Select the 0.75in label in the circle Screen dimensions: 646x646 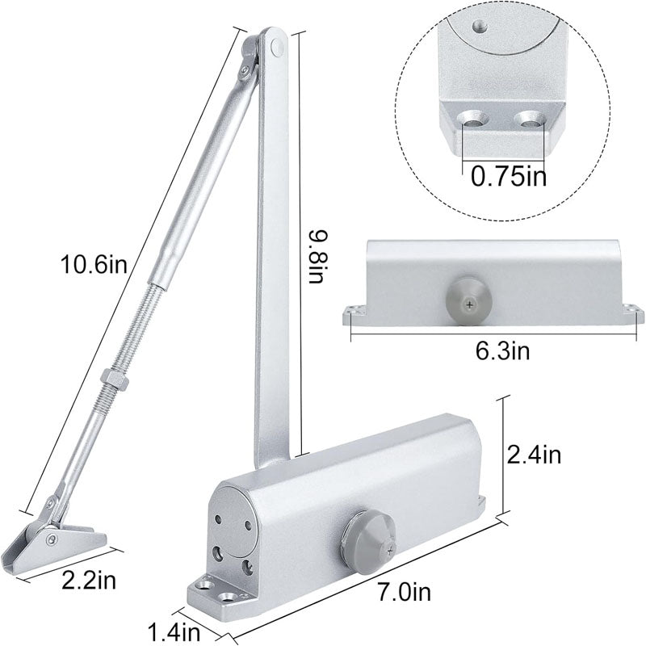click(x=508, y=176)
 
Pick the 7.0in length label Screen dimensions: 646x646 click(x=404, y=594)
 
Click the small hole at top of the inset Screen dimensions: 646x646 click(x=480, y=26)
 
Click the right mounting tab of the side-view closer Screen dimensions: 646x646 click(x=630, y=312)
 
